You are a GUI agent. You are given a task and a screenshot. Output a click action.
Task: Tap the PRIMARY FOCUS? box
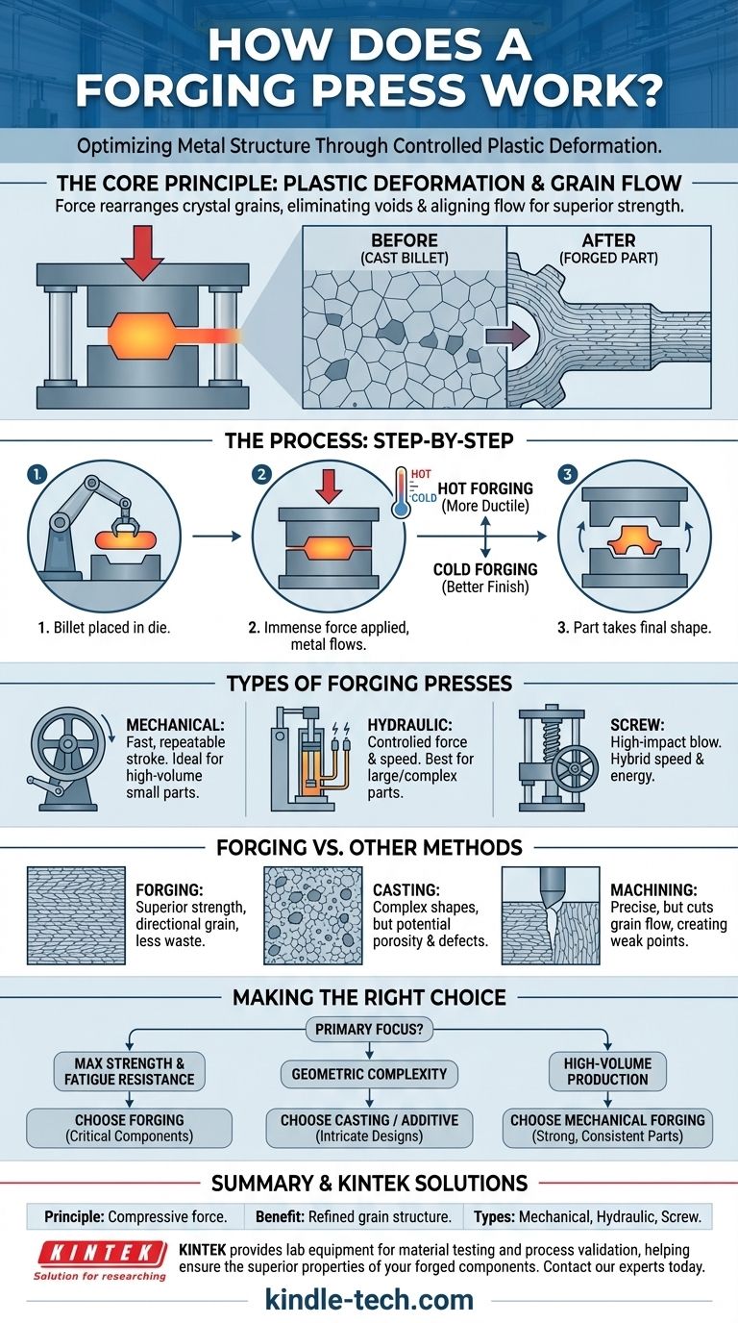(x=369, y=1031)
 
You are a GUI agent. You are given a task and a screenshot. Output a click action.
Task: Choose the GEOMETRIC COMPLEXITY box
(x=369, y=1073)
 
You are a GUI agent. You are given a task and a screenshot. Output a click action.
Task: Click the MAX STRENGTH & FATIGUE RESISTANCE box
(x=128, y=1072)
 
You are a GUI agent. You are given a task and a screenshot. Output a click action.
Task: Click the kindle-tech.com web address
(x=369, y=1300)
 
